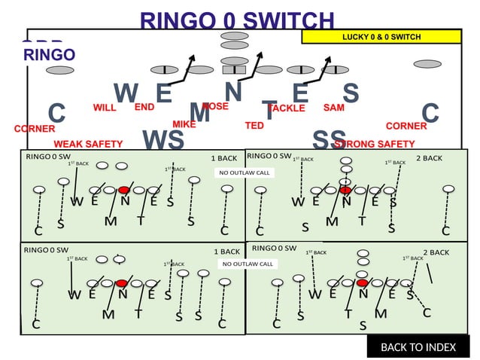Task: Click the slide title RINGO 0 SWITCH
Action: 236,20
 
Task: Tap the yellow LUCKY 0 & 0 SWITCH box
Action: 381,36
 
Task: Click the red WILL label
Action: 105,108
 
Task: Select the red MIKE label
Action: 184,124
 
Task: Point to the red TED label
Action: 254,125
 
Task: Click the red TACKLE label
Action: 286,108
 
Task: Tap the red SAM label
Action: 333,108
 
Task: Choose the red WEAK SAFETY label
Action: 88,144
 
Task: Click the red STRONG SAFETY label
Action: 375,144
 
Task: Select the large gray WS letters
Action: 163,139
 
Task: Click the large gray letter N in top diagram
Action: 233,91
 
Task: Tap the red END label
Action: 144,107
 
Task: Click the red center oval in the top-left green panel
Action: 124,190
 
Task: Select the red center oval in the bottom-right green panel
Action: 363,282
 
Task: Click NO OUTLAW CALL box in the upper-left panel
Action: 244,172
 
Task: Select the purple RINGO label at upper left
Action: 49,54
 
